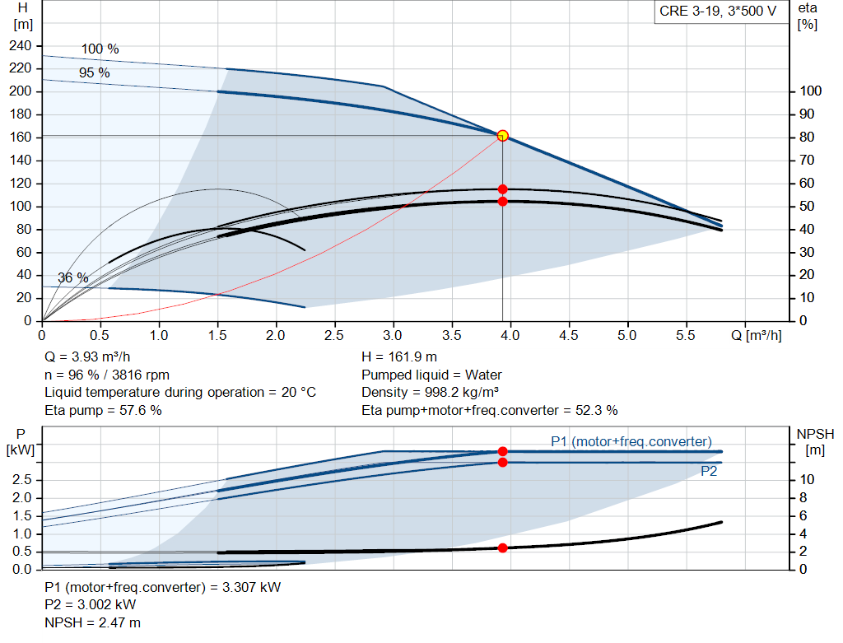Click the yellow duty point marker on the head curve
click(x=503, y=136)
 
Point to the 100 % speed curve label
click(x=100, y=49)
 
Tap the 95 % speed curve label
click(x=94, y=73)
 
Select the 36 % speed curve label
click(x=72, y=278)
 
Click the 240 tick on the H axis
click(x=21, y=45)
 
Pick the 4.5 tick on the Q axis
click(x=568, y=336)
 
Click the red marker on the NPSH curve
click(x=503, y=548)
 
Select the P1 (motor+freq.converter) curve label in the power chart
click(x=631, y=442)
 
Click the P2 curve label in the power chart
click(x=709, y=472)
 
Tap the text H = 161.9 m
click(x=400, y=357)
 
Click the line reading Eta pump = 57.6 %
click(x=103, y=410)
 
